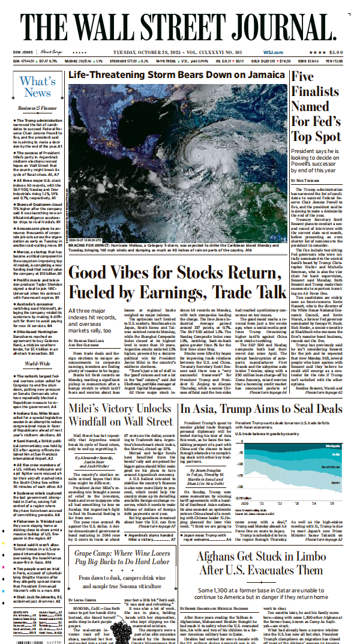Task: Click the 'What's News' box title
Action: (x=38, y=87)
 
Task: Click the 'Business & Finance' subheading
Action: (x=37, y=108)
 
